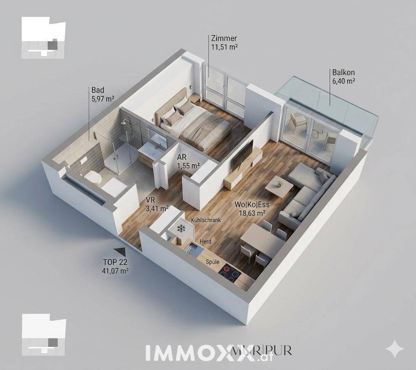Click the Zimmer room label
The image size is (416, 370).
tap(224, 43)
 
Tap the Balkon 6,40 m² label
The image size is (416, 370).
tap(344, 77)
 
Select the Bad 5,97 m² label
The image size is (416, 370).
tap(103, 94)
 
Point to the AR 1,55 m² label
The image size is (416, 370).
tap(188, 161)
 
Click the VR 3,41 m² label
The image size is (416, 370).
tap(157, 204)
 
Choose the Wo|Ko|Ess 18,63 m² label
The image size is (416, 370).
tap(252, 209)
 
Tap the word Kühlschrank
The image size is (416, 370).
tap(206, 220)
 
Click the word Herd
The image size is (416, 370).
tap(206, 241)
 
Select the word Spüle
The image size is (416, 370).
tap(213, 262)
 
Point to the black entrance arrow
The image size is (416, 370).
tap(119, 251)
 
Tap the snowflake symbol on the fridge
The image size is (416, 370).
tap(182, 228)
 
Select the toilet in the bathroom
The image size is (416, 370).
tap(94, 177)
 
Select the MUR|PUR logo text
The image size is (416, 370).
tap(261, 351)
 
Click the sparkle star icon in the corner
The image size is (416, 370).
tap(395, 349)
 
